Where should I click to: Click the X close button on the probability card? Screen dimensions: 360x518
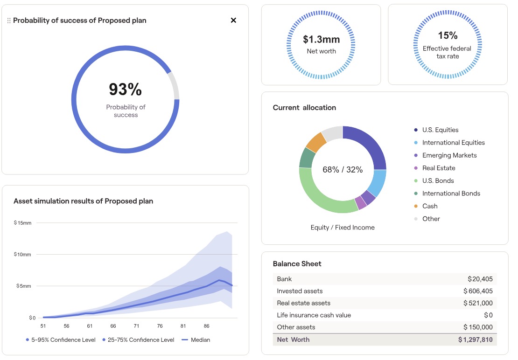(x=233, y=20)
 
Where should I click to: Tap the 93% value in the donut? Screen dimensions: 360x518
(x=125, y=89)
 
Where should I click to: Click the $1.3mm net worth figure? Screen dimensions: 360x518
(x=321, y=39)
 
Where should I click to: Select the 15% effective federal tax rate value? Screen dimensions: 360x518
(x=448, y=35)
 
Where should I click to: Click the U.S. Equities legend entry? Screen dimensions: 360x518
(x=440, y=130)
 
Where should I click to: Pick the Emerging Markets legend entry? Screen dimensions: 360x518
(x=449, y=155)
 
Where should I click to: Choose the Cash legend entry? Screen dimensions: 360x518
(x=429, y=206)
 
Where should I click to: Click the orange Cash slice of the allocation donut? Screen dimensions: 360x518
(x=316, y=142)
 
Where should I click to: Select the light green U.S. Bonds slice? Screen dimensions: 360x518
(x=322, y=196)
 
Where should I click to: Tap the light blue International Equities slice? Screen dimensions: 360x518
(x=378, y=183)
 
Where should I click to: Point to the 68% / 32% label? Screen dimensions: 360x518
(x=343, y=170)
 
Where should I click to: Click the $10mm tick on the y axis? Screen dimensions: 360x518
(x=22, y=255)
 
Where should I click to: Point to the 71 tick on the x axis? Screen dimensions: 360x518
(x=136, y=326)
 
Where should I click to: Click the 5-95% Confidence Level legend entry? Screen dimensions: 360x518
(x=61, y=340)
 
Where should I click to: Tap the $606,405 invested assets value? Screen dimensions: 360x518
(x=478, y=291)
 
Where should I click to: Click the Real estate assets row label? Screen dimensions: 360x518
(x=303, y=303)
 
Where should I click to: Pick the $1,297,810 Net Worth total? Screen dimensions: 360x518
(x=475, y=339)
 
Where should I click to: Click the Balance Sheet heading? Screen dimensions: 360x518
(x=297, y=264)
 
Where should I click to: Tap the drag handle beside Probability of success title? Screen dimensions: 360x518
(x=9, y=21)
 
